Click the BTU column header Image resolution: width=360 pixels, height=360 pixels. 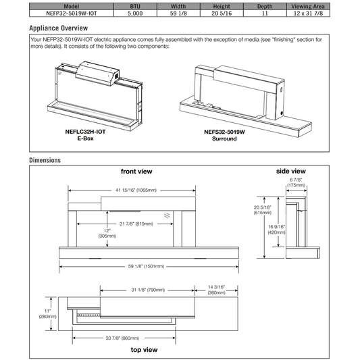coord(135,7)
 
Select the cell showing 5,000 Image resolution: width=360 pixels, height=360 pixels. coord(135,14)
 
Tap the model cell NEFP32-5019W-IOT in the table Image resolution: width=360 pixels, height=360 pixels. coord(72,14)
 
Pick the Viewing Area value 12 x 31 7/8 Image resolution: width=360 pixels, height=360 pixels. coord(308,14)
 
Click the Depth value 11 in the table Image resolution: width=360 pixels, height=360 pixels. coord(265,14)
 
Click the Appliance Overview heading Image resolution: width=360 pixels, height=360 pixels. coord(58,28)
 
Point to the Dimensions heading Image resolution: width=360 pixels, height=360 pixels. coord(45,160)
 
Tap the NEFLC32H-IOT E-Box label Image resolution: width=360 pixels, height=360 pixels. coord(85,135)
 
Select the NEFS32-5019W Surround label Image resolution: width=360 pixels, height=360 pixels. coord(224,135)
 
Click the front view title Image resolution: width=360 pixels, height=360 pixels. coord(136,172)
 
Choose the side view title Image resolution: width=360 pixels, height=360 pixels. coord(291,171)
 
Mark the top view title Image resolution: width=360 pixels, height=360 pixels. coord(144,350)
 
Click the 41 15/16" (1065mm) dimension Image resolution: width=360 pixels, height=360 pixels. coord(136,190)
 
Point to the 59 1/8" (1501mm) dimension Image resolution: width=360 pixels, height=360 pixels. coord(146,266)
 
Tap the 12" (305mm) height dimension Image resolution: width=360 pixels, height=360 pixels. coord(107,233)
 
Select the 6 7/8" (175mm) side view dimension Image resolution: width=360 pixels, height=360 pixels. coord(296,182)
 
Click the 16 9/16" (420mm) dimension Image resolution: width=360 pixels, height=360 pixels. coord(277,230)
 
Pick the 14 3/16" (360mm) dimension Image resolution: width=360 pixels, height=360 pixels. coord(217,290)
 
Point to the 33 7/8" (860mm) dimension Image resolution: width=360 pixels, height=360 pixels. coord(122,338)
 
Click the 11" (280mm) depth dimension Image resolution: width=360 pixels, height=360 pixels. coord(47,314)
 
